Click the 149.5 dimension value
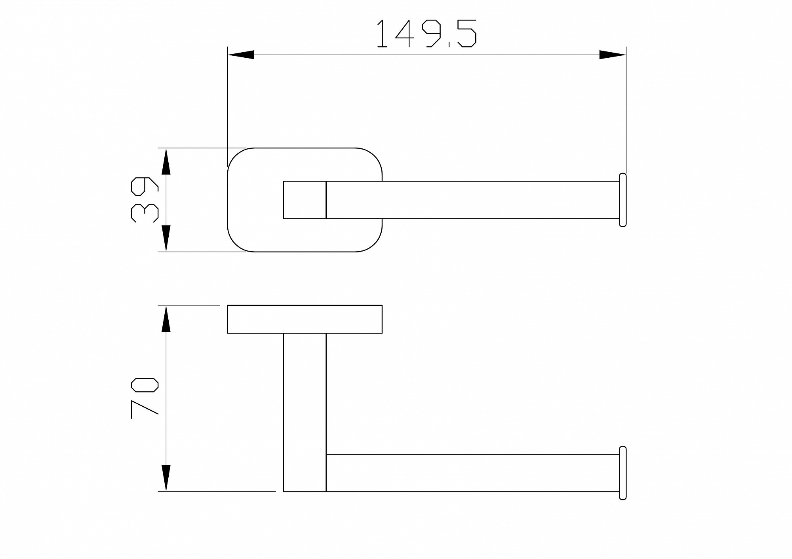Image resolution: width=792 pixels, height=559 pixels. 426,34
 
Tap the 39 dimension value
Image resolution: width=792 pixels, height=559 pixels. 144,199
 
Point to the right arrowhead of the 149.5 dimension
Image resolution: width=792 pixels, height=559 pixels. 613,55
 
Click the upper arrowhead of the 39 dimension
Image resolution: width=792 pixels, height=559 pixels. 166,161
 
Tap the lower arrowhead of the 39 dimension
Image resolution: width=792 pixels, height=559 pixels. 166,239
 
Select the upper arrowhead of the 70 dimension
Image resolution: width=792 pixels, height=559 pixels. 166,318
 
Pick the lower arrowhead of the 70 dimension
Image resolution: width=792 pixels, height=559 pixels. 166,478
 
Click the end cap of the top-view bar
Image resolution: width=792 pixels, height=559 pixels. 623,200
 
